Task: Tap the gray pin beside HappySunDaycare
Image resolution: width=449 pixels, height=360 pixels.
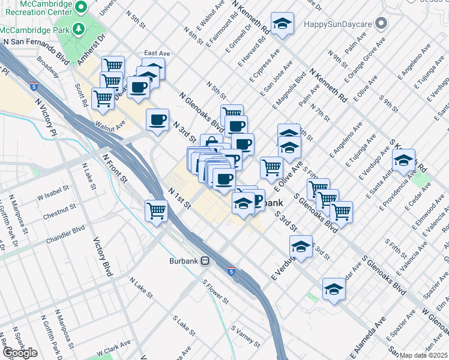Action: (x=381, y=24)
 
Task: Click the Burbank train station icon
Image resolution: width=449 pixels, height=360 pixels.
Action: (x=205, y=261)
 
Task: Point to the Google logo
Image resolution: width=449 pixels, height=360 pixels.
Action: (x=19, y=353)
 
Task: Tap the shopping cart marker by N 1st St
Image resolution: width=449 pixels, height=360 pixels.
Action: (x=156, y=211)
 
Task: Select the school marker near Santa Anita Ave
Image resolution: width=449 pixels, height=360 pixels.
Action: (x=404, y=161)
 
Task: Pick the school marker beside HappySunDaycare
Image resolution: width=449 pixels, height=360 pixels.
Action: (x=282, y=24)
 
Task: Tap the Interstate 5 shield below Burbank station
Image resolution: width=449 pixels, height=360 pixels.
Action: (x=231, y=271)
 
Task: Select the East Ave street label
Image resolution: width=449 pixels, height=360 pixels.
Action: (x=157, y=53)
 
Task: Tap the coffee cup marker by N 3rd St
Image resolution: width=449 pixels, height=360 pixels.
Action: (x=158, y=119)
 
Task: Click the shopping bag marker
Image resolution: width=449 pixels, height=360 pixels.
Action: (x=211, y=142)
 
